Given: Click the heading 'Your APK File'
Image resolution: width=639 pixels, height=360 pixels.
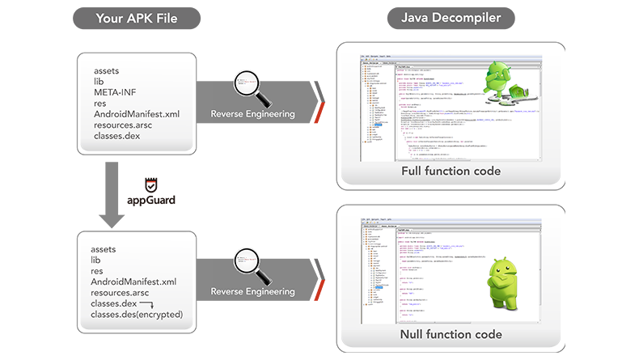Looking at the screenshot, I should pos(137,18).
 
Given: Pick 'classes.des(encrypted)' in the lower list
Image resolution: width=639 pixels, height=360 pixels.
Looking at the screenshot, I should pos(137,314).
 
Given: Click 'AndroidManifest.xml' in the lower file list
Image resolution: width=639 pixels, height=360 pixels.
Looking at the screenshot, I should pos(133,281).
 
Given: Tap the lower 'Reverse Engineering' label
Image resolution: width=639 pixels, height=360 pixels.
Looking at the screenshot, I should pos(252,291).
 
